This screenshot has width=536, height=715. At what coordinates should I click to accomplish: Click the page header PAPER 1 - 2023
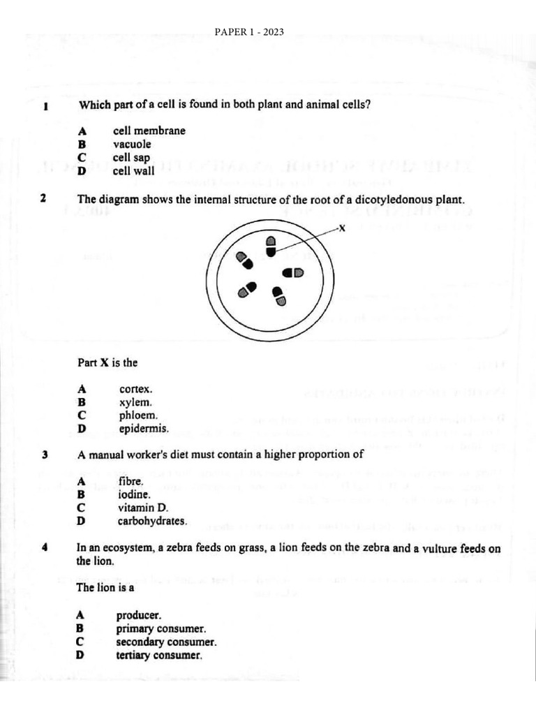pyautogui.click(x=248, y=31)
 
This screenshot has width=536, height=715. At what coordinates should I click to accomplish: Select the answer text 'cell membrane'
pyautogui.click(x=149, y=131)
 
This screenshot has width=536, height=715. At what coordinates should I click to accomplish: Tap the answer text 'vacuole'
pyautogui.click(x=132, y=144)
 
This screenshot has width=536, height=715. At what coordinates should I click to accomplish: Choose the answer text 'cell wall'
pyautogui.click(x=133, y=170)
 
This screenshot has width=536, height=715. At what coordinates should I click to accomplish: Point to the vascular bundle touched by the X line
pyautogui.click(x=271, y=245)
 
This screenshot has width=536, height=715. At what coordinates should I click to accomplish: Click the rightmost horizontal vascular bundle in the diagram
pyautogui.click(x=292, y=272)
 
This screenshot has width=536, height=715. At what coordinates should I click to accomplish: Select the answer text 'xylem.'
pyautogui.click(x=135, y=402)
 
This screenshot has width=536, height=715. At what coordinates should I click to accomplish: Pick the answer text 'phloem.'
pyautogui.click(x=138, y=415)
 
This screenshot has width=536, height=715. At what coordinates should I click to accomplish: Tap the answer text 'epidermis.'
pyautogui.click(x=144, y=429)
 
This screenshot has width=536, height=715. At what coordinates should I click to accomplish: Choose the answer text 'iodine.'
pyautogui.click(x=133, y=494)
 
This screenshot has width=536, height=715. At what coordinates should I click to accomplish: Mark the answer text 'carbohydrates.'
pyautogui.click(x=152, y=521)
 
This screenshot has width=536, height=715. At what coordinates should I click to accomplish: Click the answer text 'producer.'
pyautogui.click(x=138, y=615)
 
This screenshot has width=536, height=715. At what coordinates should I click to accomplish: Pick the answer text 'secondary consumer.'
pyautogui.click(x=166, y=642)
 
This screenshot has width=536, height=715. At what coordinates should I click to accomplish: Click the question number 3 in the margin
pyautogui.click(x=44, y=455)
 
